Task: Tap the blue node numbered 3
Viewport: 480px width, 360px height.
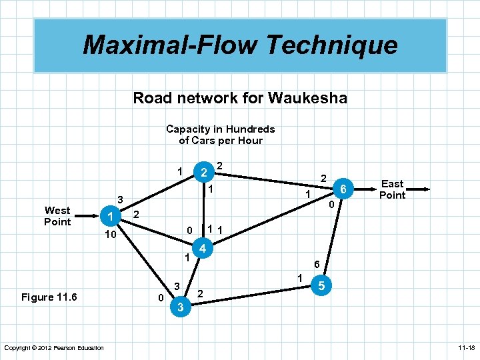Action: coord(180,307)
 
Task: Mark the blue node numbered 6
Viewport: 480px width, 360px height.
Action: coord(343,189)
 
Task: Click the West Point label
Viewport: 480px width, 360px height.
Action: coord(57,216)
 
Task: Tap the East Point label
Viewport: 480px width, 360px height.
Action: coord(392,189)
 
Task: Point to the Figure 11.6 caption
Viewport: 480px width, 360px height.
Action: coord(49,297)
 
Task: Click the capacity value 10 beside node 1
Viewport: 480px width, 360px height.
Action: coord(111,236)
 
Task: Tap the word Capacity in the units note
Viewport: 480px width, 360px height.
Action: coord(189,129)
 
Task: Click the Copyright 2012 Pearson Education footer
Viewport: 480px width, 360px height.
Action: coord(54,348)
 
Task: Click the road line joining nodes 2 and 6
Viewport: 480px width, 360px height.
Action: coord(273,181)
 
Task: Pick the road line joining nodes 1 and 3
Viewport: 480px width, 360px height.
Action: coord(143,260)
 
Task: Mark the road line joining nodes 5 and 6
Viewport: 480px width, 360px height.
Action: coord(332,237)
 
